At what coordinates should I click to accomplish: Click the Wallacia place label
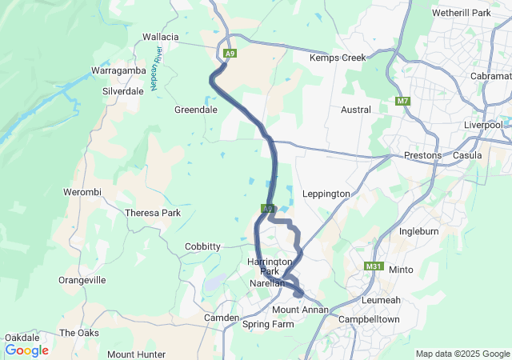tap(160, 37)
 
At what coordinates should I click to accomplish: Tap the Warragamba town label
tap(117, 70)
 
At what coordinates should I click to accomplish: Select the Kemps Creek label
tap(338, 58)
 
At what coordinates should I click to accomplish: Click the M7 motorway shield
tap(402, 102)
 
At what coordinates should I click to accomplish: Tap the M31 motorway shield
tap(373, 266)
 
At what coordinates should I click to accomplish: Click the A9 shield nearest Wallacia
tap(230, 54)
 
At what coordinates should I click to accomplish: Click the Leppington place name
tap(326, 194)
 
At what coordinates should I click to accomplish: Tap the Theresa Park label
tap(153, 213)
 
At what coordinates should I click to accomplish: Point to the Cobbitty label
tap(202, 246)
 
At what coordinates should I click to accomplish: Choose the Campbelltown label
tap(369, 319)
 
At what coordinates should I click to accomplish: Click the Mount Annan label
tap(300, 310)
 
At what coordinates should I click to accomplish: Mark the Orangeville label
tap(82, 280)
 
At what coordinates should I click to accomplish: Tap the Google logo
tap(26, 350)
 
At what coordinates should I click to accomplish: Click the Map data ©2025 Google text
tap(462, 354)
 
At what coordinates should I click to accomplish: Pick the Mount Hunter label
tap(136, 354)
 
